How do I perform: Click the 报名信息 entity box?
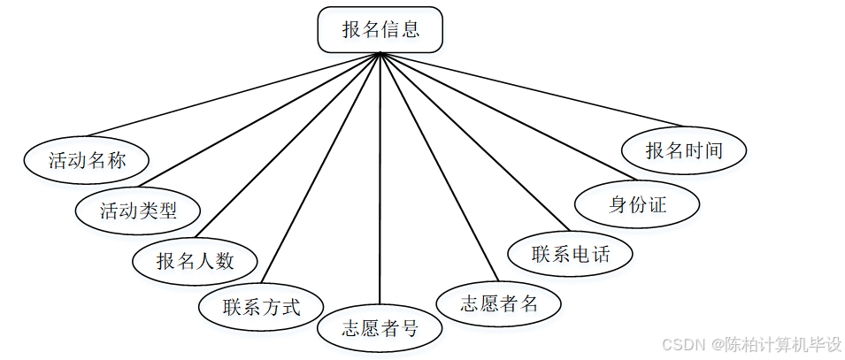click(x=380, y=30)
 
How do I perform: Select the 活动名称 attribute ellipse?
click(x=87, y=160)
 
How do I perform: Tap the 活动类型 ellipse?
click(x=138, y=211)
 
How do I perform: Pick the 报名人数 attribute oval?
click(x=195, y=261)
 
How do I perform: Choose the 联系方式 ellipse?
click(x=261, y=307)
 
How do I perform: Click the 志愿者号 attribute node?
click(x=380, y=329)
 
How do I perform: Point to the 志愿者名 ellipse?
click(x=499, y=304)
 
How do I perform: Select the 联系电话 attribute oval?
click(x=571, y=255)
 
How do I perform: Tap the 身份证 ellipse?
click(x=637, y=205)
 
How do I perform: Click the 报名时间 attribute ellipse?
click(x=684, y=150)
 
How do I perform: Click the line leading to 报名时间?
click(x=531, y=89)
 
